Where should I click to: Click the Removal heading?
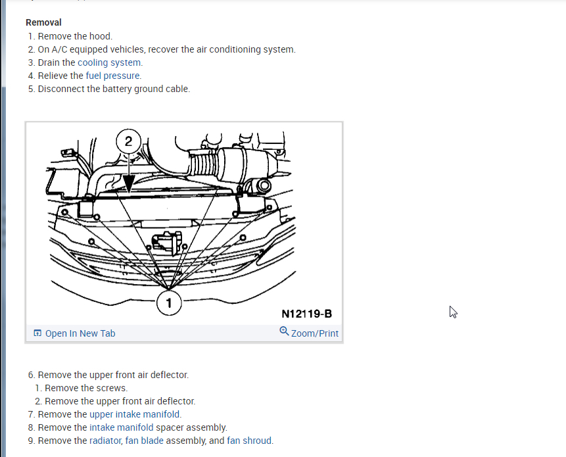click(43, 23)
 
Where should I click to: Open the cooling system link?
click(110, 62)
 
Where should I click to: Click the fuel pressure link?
click(113, 76)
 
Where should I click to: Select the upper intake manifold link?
click(135, 414)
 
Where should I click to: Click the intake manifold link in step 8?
click(121, 427)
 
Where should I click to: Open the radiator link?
click(105, 441)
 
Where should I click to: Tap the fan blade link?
click(144, 441)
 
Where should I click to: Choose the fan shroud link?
click(249, 441)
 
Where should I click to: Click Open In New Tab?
click(80, 333)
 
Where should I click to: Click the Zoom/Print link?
click(314, 333)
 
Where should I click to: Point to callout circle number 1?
click(169, 303)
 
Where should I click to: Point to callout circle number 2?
click(128, 141)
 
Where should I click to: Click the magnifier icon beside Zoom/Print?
click(284, 332)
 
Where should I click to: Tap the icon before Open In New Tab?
click(37, 333)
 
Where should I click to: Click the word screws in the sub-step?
click(112, 388)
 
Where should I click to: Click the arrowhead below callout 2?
click(128, 187)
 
